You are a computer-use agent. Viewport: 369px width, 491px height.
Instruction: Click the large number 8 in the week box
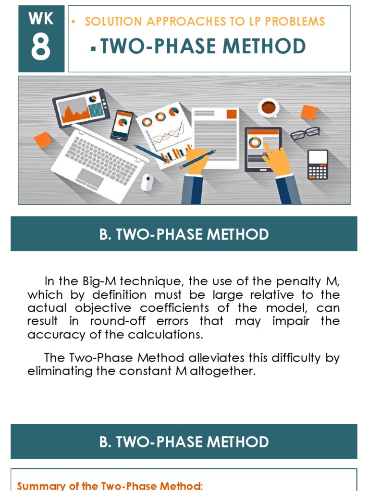pos(41,48)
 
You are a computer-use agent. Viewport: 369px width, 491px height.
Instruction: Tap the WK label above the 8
pos(41,20)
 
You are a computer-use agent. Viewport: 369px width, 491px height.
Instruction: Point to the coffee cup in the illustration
pos(268,107)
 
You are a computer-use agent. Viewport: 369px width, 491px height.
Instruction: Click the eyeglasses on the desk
pos(305,133)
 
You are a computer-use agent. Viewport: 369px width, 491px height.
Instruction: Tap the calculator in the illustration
pos(318,164)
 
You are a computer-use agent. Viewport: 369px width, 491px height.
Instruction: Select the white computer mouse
pos(148,182)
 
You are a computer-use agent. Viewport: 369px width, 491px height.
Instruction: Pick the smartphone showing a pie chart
pos(123,125)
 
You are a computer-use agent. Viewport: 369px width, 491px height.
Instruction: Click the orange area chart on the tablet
pos(74,113)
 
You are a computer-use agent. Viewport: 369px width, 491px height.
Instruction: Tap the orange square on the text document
pos(232,114)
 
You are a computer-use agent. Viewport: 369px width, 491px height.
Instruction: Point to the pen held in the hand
pos(197,159)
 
